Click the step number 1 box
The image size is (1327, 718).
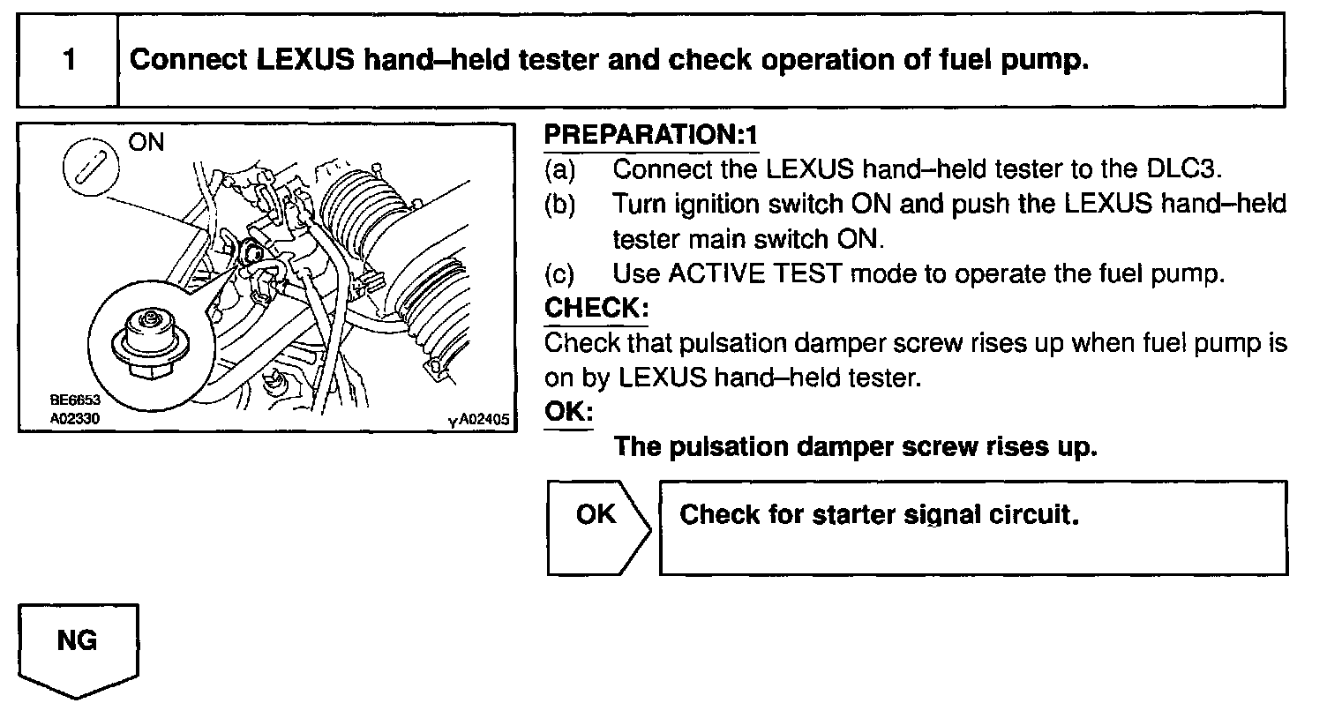68,61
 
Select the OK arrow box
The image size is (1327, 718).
597,527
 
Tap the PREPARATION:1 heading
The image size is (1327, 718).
650,135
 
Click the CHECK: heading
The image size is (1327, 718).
596,308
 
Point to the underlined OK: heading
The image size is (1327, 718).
568,412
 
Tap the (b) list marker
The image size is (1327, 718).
560,205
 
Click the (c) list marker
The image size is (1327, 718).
560,273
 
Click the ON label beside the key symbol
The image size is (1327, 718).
146,142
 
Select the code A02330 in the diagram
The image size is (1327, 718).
75,418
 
